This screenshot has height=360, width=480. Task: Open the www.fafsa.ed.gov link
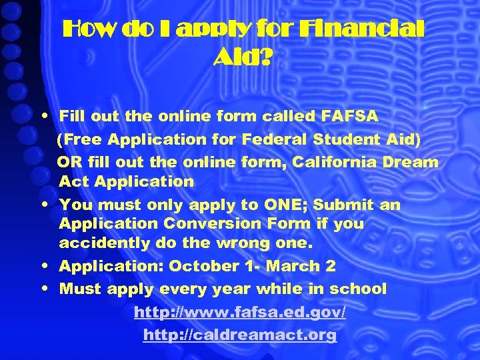click(x=239, y=312)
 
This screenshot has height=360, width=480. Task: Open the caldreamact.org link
click(x=239, y=335)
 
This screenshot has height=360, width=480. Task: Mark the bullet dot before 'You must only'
click(x=43, y=205)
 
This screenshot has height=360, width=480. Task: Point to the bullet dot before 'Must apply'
click(x=43, y=289)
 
